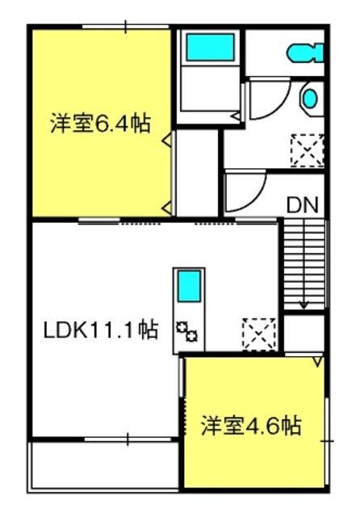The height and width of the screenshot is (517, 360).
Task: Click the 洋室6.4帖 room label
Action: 101,124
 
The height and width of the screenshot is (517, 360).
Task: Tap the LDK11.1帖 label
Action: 101,330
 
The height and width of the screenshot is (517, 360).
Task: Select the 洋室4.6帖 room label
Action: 251,426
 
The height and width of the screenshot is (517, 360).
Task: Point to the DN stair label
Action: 303,205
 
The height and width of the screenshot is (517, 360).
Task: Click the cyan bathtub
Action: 211,47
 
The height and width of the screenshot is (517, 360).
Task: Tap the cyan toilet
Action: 305,53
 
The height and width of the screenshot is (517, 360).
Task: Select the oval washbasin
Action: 310,99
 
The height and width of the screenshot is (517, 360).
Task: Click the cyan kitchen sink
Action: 190,286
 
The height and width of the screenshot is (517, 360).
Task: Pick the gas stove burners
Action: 186,332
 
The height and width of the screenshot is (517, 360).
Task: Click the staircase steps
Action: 303,265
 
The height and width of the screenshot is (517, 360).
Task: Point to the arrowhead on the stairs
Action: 303,305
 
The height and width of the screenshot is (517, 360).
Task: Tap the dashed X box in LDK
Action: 259,334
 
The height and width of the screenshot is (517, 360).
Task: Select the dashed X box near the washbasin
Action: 307,150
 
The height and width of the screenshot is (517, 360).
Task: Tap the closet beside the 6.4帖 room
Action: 196,173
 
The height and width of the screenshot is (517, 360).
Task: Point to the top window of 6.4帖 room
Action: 125,27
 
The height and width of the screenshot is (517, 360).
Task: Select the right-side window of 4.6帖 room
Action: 327,441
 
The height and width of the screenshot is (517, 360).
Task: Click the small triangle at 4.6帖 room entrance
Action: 317,362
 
